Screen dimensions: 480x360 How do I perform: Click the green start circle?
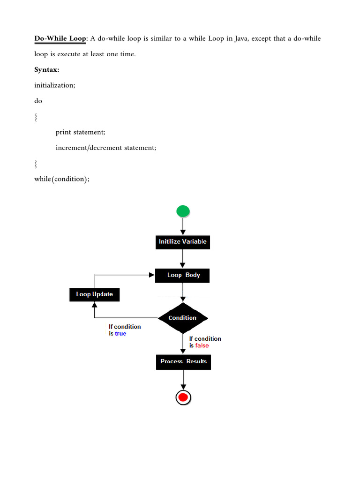point(183,211)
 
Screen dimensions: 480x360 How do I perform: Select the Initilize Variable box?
point(182,242)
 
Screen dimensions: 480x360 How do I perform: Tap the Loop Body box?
point(182,275)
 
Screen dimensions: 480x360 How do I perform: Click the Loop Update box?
point(95,294)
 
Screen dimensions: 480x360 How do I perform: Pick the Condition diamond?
point(182,318)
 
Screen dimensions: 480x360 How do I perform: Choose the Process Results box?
point(183,361)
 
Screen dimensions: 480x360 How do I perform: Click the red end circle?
point(183,398)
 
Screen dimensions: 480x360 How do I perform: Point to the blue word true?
point(120,334)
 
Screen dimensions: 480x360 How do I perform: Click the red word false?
point(202,345)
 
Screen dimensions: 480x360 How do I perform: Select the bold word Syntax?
point(47,70)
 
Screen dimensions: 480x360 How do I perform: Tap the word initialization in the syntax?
point(54,85)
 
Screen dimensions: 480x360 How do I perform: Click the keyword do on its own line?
point(38,101)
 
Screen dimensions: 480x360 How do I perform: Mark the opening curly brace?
point(36,117)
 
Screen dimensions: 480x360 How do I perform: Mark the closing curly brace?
point(36,164)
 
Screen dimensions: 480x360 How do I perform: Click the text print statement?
point(80,132)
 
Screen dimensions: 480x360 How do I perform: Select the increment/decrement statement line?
point(105,148)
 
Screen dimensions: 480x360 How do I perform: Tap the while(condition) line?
point(61,179)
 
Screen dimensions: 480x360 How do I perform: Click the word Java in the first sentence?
point(241,38)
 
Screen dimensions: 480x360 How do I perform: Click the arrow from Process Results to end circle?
point(183,380)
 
